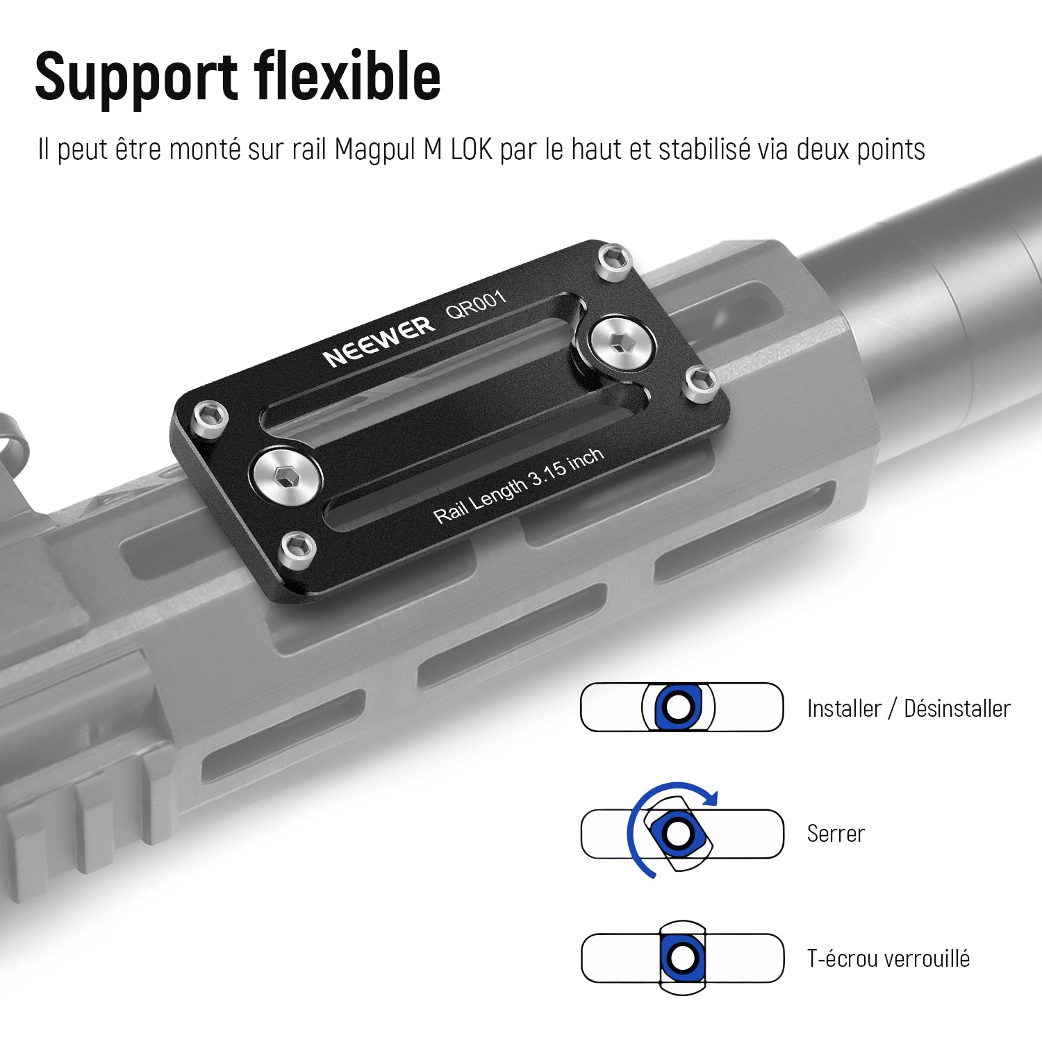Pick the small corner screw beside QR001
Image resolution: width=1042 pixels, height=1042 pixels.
click(x=615, y=262)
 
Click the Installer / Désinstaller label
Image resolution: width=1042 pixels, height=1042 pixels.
click(x=909, y=709)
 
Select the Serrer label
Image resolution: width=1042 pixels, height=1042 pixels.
click(x=836, y=834)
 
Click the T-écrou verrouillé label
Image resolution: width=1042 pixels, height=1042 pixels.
click(x=888, y=959)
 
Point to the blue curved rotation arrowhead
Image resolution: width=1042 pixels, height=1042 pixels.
click(x=709, y=797)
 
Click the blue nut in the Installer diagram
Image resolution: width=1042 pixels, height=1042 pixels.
click(x=678, y=707)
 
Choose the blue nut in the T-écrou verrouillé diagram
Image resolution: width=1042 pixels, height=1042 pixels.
click(x=682, y=959)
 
